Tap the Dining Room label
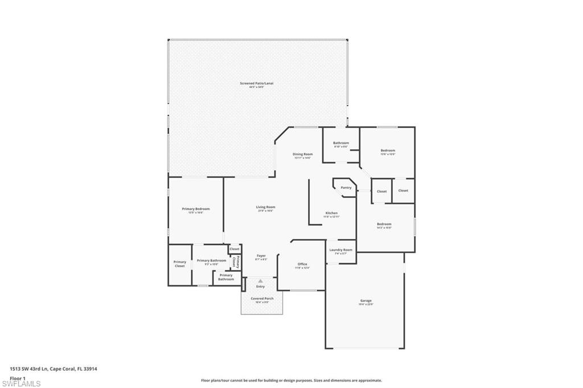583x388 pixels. (x=303, y=154)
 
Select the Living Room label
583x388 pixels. (x=265, y=207)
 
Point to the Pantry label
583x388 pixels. (x=346, y=188)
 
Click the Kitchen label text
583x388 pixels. (x=331, y=213)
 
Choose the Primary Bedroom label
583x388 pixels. (x=196, y=209)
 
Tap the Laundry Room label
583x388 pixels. (x=340, y=250)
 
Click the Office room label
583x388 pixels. (x=302, y=264)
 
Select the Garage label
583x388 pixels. (x=366, y=300)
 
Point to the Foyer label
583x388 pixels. (x=261, y=256)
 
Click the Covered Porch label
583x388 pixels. (x=262, y=299)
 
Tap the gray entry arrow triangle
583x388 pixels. (x=260, y=281)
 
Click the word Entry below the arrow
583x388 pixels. (x=260, y=287)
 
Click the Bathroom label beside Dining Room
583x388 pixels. (x=341, y=143)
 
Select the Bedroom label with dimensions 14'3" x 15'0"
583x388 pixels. (x=384, y=224)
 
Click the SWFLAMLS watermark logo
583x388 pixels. (x=22, y=383)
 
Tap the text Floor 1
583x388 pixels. (x=18, y=378)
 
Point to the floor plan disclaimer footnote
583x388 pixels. (x=291, y=381)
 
